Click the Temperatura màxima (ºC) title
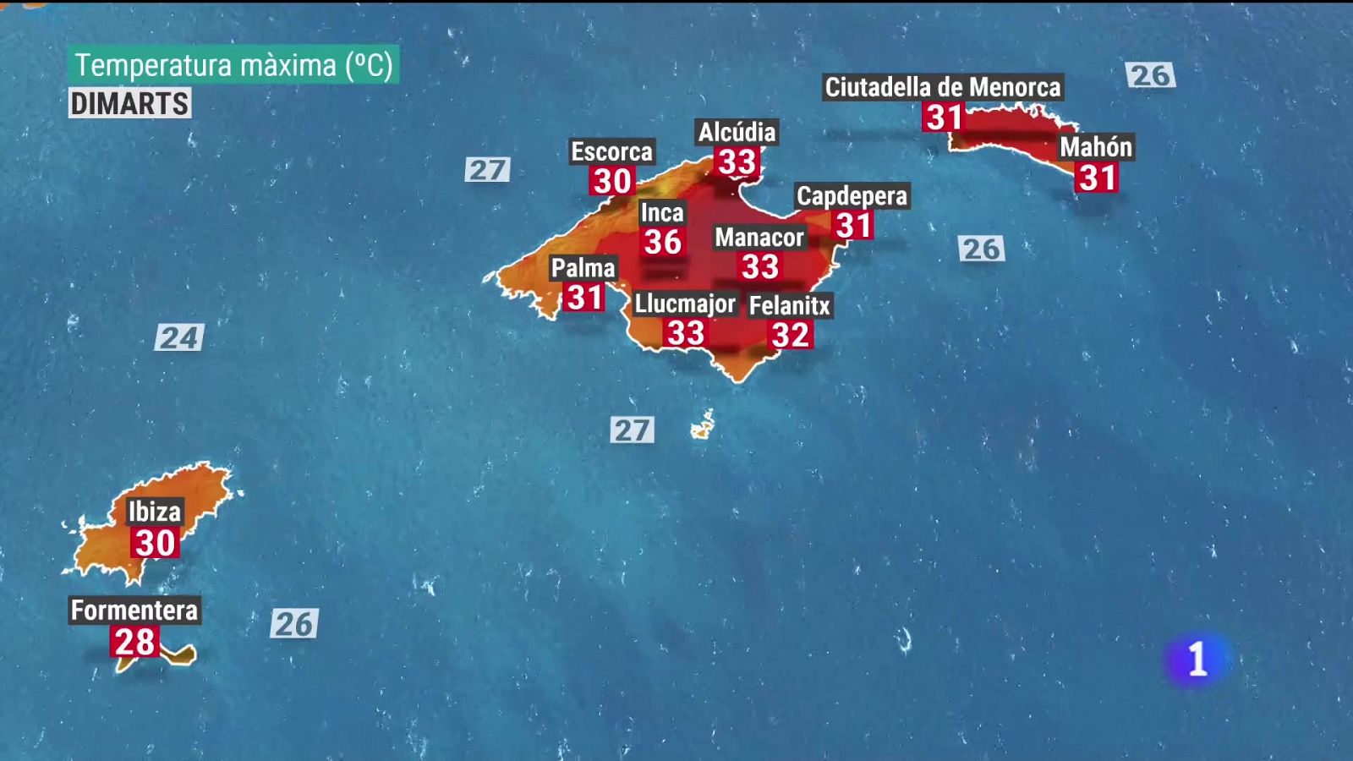click(233, 65)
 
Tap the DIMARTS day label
click(129, 104)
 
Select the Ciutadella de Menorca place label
click(942, 87)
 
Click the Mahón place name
click(1096, 147)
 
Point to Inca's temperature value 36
click(663, 243)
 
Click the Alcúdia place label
click(737, 132)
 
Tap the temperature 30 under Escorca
click(612, 181)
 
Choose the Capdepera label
click(852, 196)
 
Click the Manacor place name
click(759, 238)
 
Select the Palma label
click(583, 268)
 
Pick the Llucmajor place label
click(685, 304)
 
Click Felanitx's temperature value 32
click(791, 335)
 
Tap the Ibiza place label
click(154, 512)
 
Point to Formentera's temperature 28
click(134, 642)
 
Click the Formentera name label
click(134, 610)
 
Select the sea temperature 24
click(179, 338)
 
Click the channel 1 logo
click(1197, 659)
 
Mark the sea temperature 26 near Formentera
click(294, 624)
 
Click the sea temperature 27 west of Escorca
click(488, 170)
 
